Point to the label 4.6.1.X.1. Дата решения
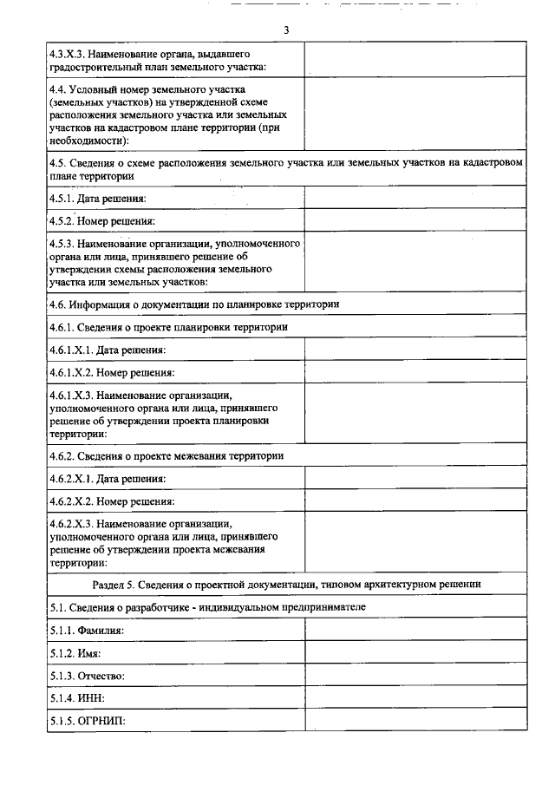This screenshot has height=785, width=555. [x=108, y=350]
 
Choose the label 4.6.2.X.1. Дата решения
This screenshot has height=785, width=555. [x=108, y=479]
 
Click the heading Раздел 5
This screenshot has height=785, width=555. [x=286, y=584]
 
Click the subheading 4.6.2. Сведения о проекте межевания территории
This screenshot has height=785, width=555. [x=166, y=455]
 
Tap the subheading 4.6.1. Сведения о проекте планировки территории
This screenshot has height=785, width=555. [x=168, y=327]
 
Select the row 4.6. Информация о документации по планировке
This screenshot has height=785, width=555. [x=194, y=304]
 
